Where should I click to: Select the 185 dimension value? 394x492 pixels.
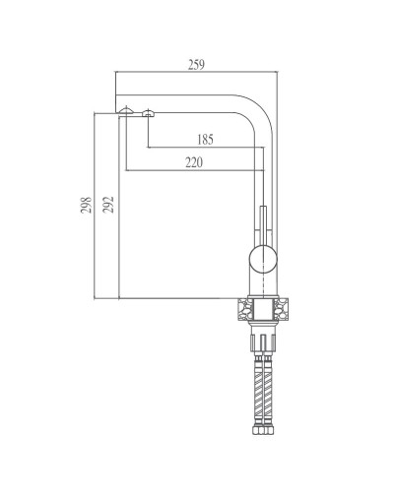[205, 139]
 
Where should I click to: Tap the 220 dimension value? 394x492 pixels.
[193, 162]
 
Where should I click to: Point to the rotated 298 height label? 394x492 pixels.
[86, 205]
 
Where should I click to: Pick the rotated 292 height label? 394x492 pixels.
[108, 205]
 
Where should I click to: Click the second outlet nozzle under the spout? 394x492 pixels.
[148, 114]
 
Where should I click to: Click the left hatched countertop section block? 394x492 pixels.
[242, 311]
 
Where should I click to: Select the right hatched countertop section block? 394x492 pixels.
[284, 311]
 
